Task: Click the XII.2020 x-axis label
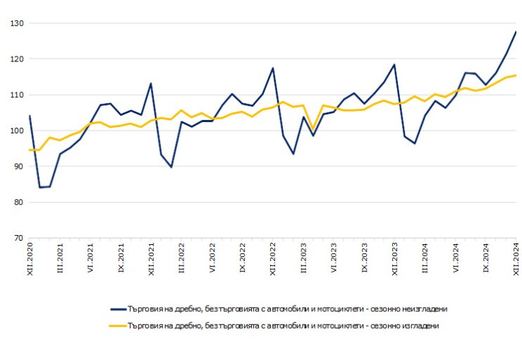[30, 259]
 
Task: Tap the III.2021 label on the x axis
[61, 259]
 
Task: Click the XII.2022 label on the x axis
[273, 259]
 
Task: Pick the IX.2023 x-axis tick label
[365, 259]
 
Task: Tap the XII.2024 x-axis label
[516, 259]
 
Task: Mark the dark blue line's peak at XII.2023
[394, 65]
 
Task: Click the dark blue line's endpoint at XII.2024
[516, 32]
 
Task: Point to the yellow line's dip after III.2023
[313, 130]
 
